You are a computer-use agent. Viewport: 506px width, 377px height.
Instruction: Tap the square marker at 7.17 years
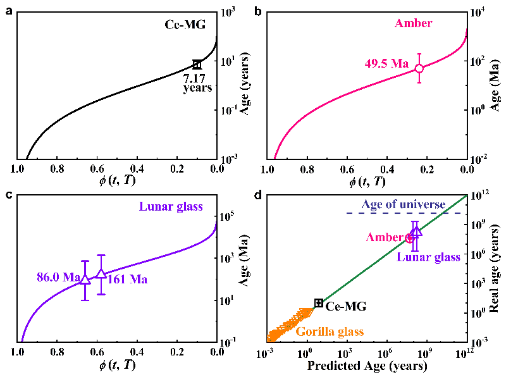coord(197,65)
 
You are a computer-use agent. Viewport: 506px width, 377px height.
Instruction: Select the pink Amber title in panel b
coord(413,23)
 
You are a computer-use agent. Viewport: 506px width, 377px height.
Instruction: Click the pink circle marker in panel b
coord(419,68)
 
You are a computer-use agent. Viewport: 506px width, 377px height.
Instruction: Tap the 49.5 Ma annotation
coord(387,63)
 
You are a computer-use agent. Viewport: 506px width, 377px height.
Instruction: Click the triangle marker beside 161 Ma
coord(101,274)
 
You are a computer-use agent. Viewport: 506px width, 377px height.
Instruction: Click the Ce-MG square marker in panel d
coord(319,303)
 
